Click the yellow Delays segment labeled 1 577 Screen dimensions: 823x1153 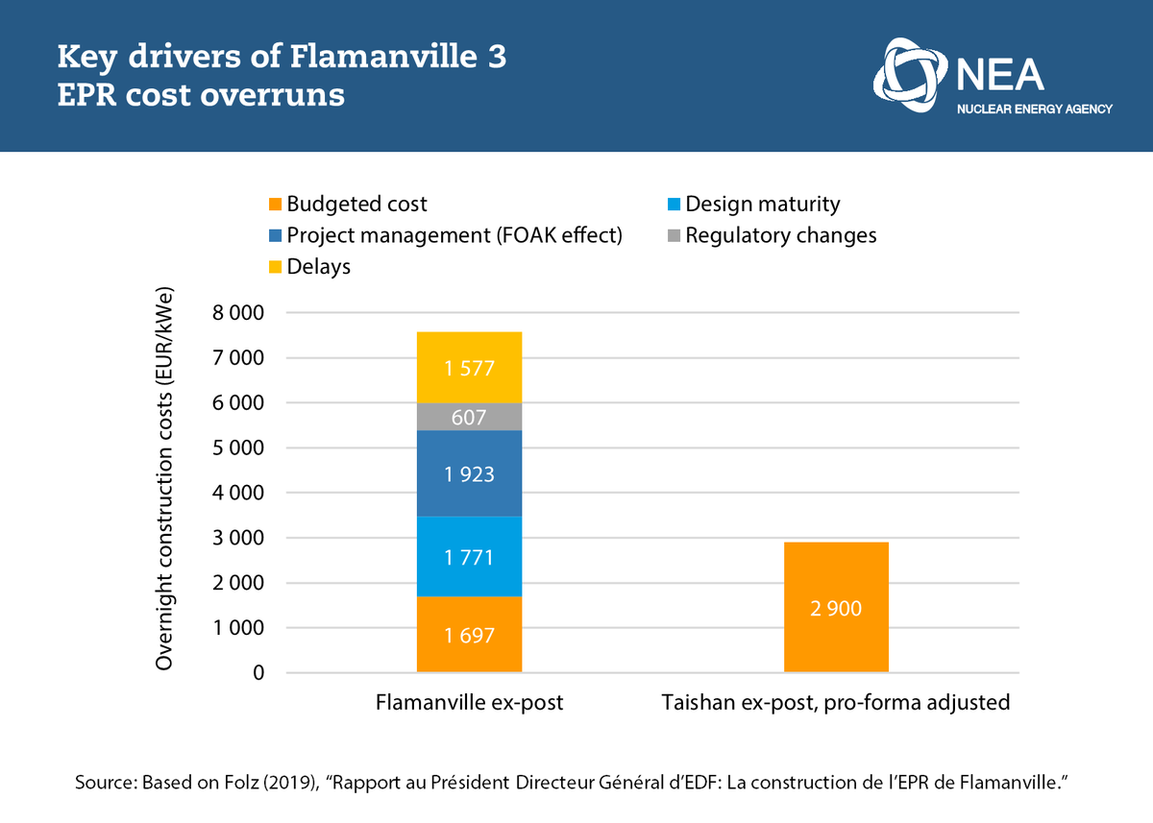(469, 368)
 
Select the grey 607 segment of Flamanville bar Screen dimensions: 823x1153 (469, 417)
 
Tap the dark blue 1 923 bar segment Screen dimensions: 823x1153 (469, 473)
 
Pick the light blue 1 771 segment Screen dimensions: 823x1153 (469, 556)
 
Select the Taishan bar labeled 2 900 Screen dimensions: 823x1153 (836, 608)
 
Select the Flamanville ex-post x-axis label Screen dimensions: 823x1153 (469, 703)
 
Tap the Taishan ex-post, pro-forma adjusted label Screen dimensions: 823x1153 (836, 703)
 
